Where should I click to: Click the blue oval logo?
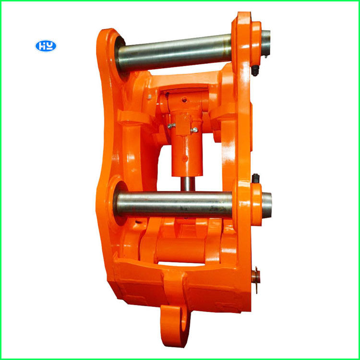click(46, 46)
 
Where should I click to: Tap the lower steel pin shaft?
click(175, 204)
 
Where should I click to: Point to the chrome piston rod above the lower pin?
click(188, 184)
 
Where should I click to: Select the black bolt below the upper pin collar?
click(255, 71)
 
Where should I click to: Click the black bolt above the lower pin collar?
click(255, 179)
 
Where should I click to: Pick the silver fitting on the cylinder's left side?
click(171, 126)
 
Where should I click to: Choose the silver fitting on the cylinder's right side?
click(194, 130)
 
